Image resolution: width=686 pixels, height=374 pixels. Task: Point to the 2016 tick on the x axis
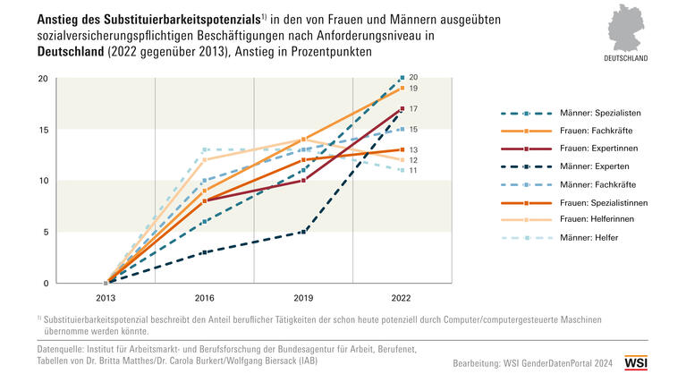click(x=205, y=298)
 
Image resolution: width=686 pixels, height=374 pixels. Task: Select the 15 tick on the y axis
click(x=42, y=130)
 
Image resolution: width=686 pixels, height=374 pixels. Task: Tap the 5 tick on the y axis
click(x=45, y=232)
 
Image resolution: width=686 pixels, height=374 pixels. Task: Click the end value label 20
click(x=413, y=77)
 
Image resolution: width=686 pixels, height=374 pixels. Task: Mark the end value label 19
click(x=413, y=89)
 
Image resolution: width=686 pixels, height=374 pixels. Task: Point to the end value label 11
click(x=413, y=170)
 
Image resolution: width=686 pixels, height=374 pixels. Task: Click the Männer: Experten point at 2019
click(x=304, y=232)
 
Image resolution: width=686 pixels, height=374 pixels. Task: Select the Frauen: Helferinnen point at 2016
click(x=205, y=160)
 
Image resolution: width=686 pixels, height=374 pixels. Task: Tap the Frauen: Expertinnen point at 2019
click(x=304, y=181)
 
